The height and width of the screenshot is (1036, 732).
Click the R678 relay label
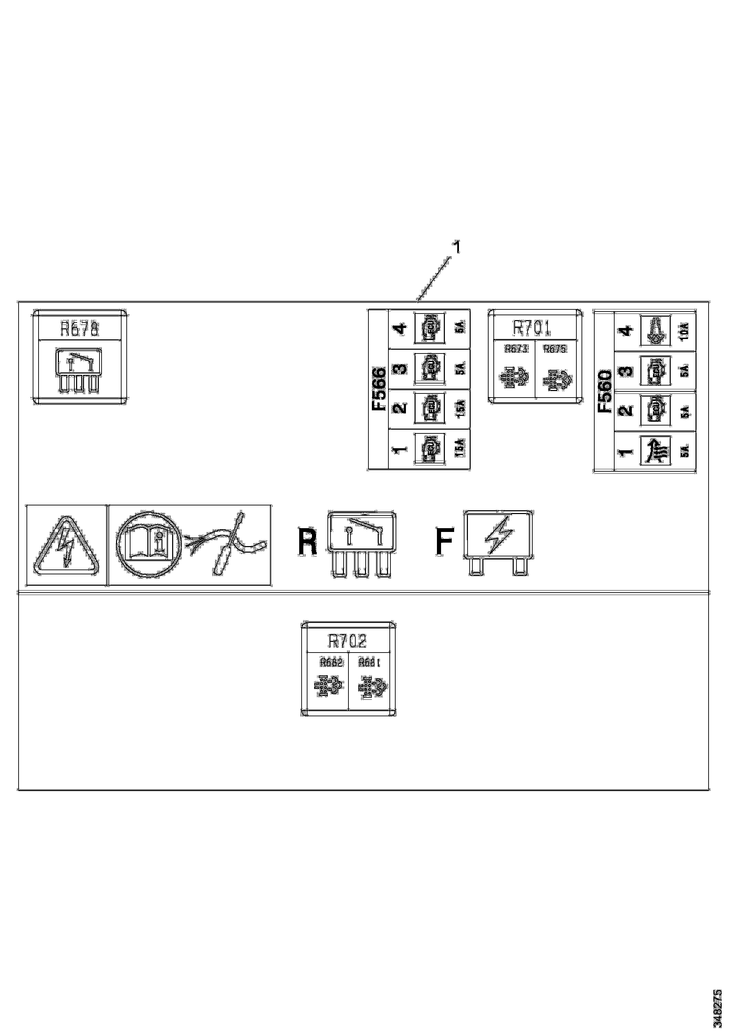pos(80,329)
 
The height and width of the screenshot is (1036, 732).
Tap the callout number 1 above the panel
pos(457,247)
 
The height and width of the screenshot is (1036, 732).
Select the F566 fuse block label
pos(378,389)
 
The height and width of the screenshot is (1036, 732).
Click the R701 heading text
pos(532,328)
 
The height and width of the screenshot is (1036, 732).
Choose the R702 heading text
pos(347,641)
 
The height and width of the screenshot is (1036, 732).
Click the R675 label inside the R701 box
pos(555,349)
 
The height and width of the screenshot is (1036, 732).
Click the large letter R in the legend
pos(307,542)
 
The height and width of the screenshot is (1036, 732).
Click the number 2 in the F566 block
pos(400,408)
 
